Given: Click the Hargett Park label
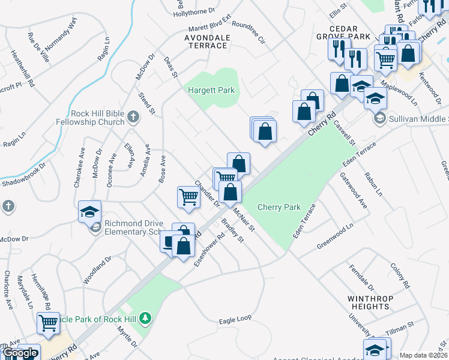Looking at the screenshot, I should pyautogui.click(x=210, y=91).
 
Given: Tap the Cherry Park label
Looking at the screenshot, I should pyautogui.click(x=279, y=207).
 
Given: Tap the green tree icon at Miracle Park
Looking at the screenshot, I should pyautogui.click(x=145, y=316).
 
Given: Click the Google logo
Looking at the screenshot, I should pyautogui.click(x=20, y=353).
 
